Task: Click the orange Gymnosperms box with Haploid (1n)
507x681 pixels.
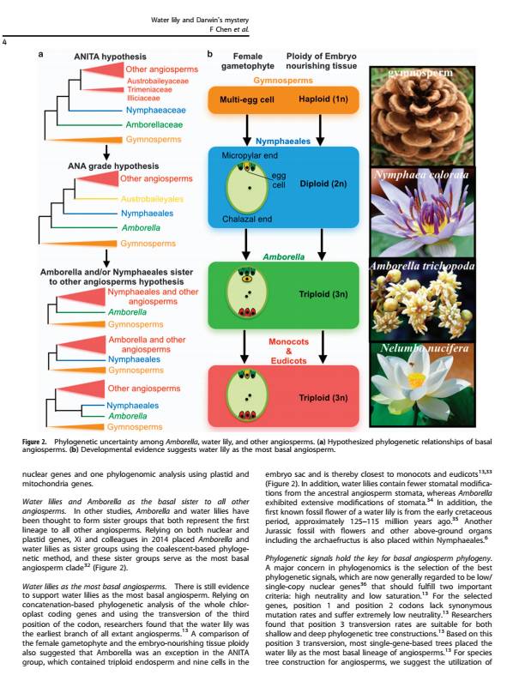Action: click(x=283, y=99)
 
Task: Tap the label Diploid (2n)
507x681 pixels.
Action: click(x=323, y=184)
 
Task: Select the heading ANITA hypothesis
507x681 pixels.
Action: click(x=110, y=57)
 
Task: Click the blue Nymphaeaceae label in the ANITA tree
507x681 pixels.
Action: click(x=155, y=111)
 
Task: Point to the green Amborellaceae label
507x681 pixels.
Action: click(x=154, y=124)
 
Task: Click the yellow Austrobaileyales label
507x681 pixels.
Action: click(x=152, y=199)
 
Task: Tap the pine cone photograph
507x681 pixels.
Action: click(x=421, y=116)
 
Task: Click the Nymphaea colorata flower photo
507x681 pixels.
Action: click(x=421, y=212)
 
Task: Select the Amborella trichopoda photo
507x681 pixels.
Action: click(x=421, y=299)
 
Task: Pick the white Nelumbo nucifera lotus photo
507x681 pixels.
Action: click(x=421, y=385)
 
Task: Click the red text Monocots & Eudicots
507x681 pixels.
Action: click(x=288, y=351)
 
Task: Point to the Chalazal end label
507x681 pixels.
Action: click(x=247, y=219)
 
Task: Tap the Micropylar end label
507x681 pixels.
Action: click(x=250, y=155)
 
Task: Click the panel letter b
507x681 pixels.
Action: click(x=210, y=54)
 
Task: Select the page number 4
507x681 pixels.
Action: click(x=4, y=42)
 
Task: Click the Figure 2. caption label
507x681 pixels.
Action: click(x=34, y=442)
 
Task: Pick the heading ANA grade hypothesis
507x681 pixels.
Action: click(x=113, y=166)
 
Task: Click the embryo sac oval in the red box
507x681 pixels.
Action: click(x=247, y=395)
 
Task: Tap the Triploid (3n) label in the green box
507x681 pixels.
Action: click(x=323, y=294)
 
